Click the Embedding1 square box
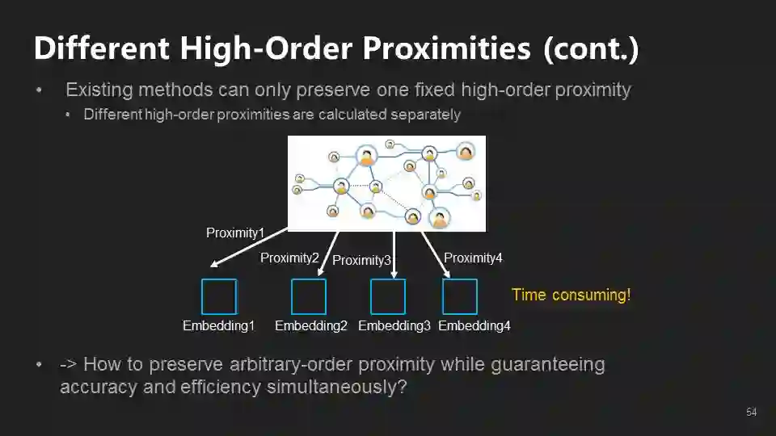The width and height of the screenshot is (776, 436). [x=219, y=296]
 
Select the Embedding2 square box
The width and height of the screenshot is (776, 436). [x=309, y=296]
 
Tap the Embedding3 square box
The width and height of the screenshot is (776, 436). [x=388, y=296]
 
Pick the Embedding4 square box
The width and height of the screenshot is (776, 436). [x=460, y=296]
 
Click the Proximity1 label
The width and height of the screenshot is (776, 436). [x=235, y=233]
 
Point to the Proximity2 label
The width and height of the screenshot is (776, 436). [x=289, y=258]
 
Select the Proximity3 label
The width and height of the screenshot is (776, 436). [x=361, y=260]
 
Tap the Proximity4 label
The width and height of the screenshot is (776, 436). [x=473, y=258]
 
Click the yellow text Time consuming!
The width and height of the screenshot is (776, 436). [x=571, y=295]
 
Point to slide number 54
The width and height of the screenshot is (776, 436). [x=751, y=413]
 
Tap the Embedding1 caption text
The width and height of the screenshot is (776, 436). [x=218, y=326]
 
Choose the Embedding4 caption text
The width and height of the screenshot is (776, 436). [x=474, y=326]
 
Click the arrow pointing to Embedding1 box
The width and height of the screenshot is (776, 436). [x=247, y=247]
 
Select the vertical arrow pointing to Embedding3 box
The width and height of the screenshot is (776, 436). [x=393, y=254]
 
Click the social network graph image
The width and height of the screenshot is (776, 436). [x=387, y=183]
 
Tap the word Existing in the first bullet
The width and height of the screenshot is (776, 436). [x=97, y=90]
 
